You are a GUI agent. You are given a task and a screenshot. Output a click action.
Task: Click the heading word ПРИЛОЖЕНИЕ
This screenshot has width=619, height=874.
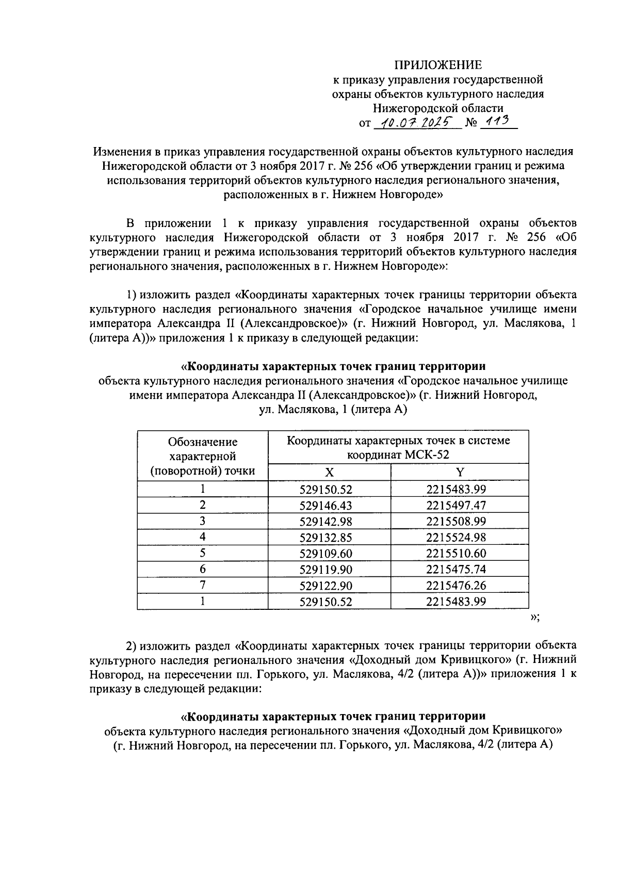tap(438, 65)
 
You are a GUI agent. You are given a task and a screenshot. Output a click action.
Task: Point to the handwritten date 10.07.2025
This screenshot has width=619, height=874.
tap(416, 123)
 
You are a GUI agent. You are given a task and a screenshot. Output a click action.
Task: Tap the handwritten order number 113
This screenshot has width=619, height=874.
tap(492, 122)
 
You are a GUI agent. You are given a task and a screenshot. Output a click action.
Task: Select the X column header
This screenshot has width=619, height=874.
tap(329, 472)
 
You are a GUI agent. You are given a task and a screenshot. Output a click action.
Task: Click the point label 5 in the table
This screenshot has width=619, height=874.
tap(203, 553)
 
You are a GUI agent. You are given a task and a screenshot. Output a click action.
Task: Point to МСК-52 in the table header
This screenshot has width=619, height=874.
tap(427, 456)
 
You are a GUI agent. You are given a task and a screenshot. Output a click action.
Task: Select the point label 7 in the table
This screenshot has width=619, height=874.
tap(203, 585)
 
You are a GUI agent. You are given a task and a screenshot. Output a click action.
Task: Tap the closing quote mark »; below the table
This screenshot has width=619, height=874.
tap(535, 618)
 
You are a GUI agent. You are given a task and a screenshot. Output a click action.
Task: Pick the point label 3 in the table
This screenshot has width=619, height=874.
tap(203, 521)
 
